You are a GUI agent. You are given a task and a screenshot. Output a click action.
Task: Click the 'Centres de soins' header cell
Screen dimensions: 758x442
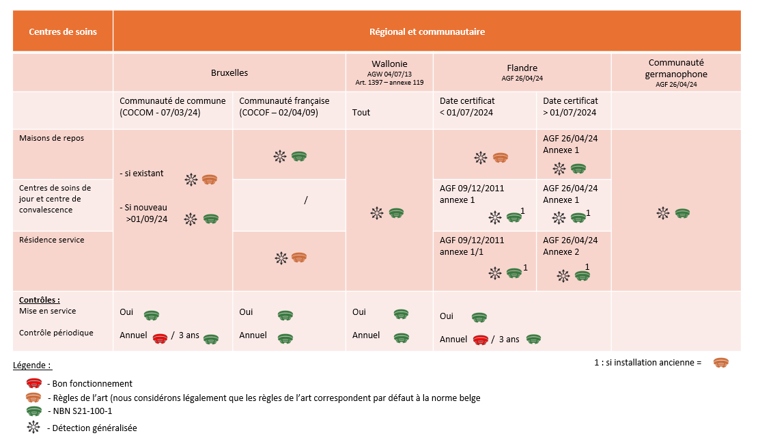point(63,31)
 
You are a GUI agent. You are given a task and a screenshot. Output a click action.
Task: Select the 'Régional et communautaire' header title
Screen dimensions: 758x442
point(427,31)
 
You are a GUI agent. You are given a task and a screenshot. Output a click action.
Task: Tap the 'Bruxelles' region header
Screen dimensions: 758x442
point(229,72)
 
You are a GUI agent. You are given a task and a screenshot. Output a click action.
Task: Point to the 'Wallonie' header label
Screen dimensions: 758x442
point(389,64)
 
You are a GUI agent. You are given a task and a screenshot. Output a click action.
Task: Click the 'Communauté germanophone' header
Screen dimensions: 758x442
point(676,68)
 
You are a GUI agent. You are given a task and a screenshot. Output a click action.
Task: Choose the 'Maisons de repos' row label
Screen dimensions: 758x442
point(51,138)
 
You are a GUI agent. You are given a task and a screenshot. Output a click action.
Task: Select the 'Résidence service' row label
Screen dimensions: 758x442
point(51,239)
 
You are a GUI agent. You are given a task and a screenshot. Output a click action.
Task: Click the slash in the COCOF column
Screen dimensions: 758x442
point(305,199)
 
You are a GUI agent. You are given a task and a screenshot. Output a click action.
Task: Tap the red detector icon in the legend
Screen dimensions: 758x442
point(34,383)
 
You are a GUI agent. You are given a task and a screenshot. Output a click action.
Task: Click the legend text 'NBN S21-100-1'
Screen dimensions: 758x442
point(83,411)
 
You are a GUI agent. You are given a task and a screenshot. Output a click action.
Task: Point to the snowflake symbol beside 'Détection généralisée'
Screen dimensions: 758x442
point(33,427)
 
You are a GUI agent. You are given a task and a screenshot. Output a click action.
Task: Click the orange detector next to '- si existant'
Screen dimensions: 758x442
point(210,180)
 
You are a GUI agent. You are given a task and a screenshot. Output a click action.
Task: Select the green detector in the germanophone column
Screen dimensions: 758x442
point(682,212)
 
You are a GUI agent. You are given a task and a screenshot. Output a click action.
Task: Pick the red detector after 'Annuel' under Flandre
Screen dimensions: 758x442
point(480,340)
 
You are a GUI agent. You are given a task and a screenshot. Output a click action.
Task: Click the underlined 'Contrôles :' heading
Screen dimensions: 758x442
point(39,300)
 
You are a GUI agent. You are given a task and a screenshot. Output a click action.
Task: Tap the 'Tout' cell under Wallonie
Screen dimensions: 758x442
point(361,112)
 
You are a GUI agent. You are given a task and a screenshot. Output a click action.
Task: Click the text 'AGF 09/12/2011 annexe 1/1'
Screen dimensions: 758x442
point(472,246)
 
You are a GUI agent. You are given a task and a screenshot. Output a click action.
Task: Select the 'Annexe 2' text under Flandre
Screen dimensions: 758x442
point(561,252)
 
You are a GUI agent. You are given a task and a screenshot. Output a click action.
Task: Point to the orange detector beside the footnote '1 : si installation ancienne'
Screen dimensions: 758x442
point(720,363)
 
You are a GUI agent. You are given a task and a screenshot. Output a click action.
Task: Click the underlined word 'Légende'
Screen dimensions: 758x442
point(30,365)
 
